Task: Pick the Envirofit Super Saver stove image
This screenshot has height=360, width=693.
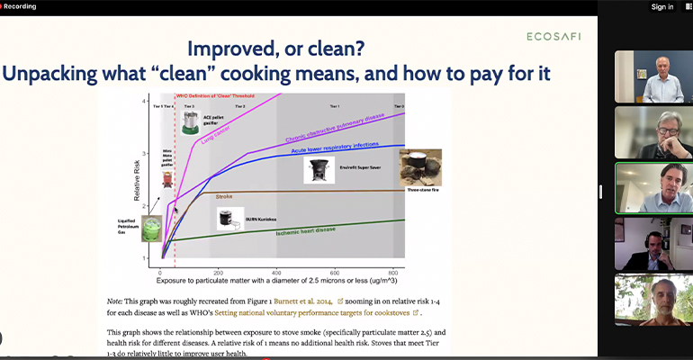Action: [x=318, y=169]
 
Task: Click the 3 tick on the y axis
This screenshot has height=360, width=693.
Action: [x=143, y=155]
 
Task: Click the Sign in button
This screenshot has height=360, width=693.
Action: [x=662, y=7]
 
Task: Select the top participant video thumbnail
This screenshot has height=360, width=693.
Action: [x=653, y=76]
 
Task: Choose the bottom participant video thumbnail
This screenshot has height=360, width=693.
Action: [x=653, y=300]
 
